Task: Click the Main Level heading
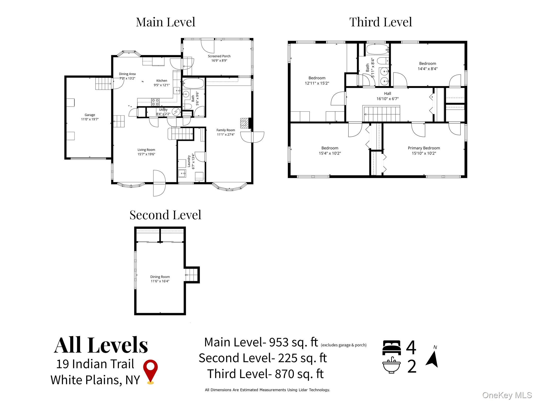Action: pyautogui.click(x=165, y=22)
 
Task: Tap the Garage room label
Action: pyautogui.click(x=90, y=115)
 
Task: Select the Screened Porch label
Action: pyautogui.click(x=219, y=56)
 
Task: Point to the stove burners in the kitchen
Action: pyautogui.click(x=155, y=102)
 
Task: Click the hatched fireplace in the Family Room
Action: pyautogui.click(x=244, y=123)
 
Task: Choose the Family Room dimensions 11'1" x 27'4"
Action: pyautogui.click(x=225, y=135)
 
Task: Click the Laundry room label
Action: pyautogui.click(x=189, y=162)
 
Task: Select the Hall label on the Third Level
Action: pyautogui.click(x=387, y=93)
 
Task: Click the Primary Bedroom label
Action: pyautogui.click(x=424, y=148)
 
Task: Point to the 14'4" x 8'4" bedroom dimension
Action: pyautogui.click(x=427, y=69)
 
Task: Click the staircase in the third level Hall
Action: pyautogui.click(x=381, y=114)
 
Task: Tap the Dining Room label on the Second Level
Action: pyautogui.click(x=160, y=277)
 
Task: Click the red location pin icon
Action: pyautogui.click(x=150, y=371)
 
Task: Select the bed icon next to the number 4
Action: pyautogui.click(x=391, y=347)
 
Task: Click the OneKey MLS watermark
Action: pyautogui.click(x=507, y=395)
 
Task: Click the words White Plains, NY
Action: pyautogui.click(x=95, y=380)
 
